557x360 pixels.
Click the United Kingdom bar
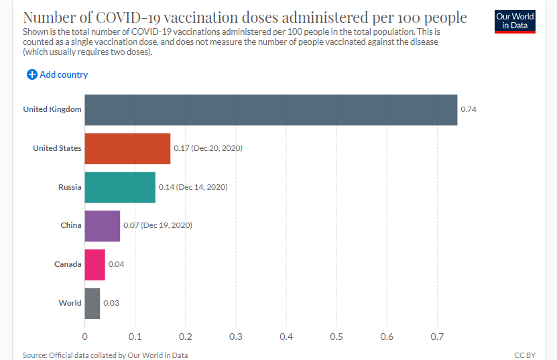[x=271, y=110]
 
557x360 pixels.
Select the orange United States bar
[x=127, y=148]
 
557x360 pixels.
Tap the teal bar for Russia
[x=120, y=187]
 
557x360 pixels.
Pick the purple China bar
[x=103, y=226]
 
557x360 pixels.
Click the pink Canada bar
[x=95, y=264]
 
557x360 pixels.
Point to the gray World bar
[x=92, y=303]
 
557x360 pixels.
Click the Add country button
[x=58, y=74]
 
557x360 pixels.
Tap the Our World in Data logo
[x=515, y=21]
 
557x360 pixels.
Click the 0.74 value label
[x=468, y=110]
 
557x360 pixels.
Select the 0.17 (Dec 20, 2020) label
[x=208, y=148]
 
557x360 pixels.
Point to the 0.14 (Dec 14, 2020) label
[x=193, y=187]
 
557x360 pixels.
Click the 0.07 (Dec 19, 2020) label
[x=158, y=226]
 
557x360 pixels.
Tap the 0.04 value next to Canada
[x=116, y=264]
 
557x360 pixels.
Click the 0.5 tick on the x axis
[x=336, y=336]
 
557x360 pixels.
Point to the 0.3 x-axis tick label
[x=236, y=336]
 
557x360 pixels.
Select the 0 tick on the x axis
[x=85, y=336]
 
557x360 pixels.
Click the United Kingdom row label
[x=52, y=110]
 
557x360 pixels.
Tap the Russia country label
[x=70, y=187]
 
